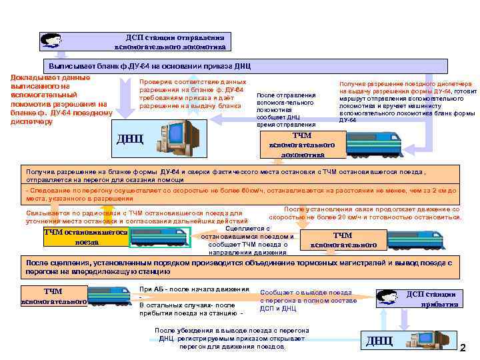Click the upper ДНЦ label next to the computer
coord(130,139)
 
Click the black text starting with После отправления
coord(286,109)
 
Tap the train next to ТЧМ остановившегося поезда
coord(160,237)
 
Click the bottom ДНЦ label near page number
coord(379,341)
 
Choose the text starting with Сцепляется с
coord(248,240)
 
